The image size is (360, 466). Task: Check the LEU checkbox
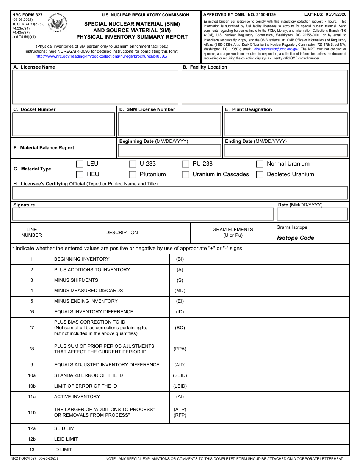(x=80, y=164)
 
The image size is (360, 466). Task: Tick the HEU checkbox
(x=80, y=175)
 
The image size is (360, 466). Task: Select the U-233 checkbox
(x=133, y=164)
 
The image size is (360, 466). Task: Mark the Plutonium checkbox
(x=133, y=175)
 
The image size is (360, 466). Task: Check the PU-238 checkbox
(x=186, y=164)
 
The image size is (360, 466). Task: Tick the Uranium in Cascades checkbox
(x=186, y=175)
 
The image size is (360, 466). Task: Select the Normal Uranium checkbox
(x=260, y=164)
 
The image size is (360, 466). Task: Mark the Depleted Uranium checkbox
(x=260, y=175)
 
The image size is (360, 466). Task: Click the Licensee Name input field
(x=95, y=87)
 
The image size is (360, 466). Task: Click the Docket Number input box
(x=64, y=124)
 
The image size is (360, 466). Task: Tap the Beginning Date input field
(x=169, y=151)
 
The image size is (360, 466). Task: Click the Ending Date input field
(x=286, y=151)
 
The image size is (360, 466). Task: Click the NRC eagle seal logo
(x=58, y=24)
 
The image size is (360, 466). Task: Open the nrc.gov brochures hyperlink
(x=102, y=56)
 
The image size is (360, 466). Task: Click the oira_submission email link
(x=276, y=49)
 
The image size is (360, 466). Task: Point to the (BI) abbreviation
(x=180, y=259)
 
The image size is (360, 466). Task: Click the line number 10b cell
(x=32, y=386)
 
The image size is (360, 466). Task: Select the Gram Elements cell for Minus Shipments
(x=233, y=280)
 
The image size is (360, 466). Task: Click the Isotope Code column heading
(x=296, y=238)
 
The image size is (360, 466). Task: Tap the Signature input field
(x=143, y=214)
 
